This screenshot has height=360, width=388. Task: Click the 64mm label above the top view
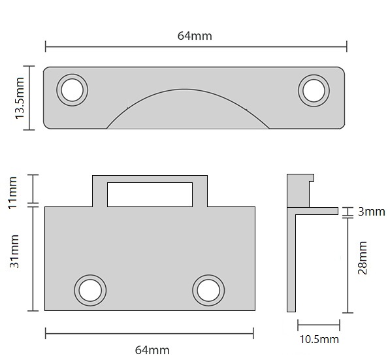point(195,36)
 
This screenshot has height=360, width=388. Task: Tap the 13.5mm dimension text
point(20,97)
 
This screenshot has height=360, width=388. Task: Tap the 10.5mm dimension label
point(318,338)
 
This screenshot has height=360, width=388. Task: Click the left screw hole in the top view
point(72,89)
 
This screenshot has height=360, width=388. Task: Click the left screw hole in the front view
point(90,289)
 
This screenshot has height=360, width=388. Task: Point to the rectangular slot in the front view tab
point(150,194)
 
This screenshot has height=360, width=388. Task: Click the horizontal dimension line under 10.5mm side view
point(318,325)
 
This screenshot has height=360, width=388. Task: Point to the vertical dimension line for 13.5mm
point(29,97)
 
